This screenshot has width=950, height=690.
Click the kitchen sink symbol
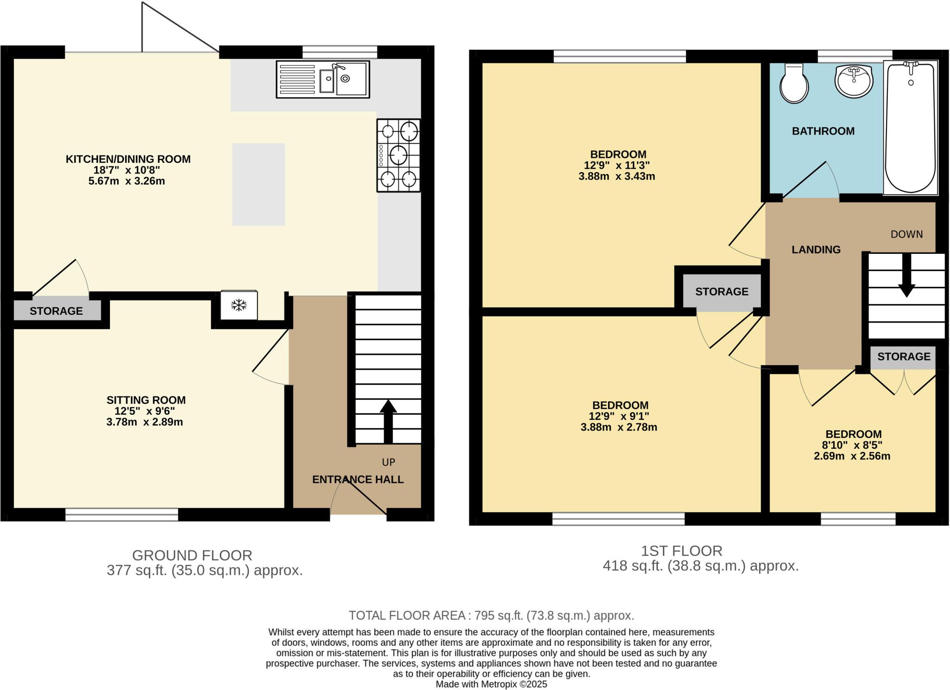point(323,79)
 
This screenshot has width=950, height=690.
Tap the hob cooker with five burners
point(398,155)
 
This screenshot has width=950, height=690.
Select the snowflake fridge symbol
point(239,305)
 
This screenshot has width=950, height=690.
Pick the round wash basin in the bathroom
point(854,81)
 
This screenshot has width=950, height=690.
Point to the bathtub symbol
point(910,128)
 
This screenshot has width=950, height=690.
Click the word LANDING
point(816,250)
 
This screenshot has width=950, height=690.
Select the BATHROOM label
point(823,131)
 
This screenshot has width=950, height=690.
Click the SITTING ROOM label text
point(146,400)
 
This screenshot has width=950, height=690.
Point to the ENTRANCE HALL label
point(358,479)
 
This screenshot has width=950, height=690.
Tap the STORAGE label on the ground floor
point(56,311)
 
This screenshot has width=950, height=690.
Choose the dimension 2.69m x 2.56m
point(852,456)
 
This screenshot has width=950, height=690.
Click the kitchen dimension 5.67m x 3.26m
point(127,181)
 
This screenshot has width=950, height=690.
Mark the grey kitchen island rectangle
point(258,184)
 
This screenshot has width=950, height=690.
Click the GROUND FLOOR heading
point(192,555)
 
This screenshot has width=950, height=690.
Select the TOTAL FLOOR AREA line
point(491,615)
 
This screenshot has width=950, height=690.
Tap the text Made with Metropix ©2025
point(491,684)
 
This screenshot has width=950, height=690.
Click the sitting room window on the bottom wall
point(122,515)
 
